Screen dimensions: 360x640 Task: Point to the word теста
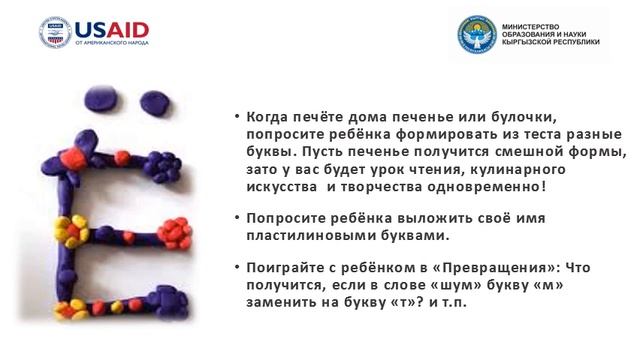click(x=537, y=134)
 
